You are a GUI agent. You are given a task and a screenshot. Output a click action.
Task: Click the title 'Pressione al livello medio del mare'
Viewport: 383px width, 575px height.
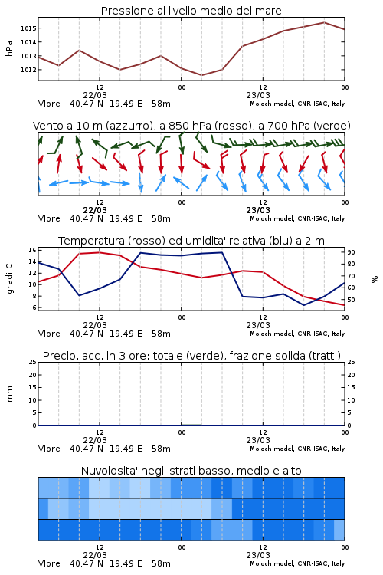(191, 11)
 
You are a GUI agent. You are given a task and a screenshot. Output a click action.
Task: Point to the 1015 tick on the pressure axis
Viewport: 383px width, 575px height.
(28, 28)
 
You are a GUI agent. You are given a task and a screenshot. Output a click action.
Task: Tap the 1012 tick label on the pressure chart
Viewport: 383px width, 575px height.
(28, 70)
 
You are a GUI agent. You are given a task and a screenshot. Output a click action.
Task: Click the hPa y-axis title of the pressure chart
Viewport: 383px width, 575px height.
(9, 48)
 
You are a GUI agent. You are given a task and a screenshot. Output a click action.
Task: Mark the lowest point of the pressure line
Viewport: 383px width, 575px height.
(201, 75)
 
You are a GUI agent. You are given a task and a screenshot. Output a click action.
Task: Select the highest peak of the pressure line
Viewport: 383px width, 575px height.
(324, 22)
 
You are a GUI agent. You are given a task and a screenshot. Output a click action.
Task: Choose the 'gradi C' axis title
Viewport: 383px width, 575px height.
(10, 278)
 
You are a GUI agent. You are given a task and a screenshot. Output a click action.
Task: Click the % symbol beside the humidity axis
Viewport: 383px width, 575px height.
(375, 279)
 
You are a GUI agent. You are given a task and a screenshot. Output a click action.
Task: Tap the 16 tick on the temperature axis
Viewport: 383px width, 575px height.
(32, 250)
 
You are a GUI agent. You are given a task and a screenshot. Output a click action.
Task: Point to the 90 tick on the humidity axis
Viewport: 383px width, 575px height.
(351, 252)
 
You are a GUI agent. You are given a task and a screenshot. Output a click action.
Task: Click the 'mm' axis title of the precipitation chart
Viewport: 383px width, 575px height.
(10, 394)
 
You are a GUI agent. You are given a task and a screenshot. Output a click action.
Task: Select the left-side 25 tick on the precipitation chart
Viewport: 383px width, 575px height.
(32, 362)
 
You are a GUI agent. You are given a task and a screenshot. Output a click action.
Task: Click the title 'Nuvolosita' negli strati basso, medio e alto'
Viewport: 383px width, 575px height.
(191, 471)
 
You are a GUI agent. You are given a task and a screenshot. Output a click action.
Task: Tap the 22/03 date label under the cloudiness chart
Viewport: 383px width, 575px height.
(95, 555)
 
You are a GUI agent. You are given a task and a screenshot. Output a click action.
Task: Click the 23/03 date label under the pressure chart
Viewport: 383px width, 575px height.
(258, 95)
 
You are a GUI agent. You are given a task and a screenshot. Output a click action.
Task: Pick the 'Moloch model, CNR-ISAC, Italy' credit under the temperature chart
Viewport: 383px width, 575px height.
(297, 333)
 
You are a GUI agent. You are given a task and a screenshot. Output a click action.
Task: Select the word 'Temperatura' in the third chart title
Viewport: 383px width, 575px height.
(92, 241)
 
